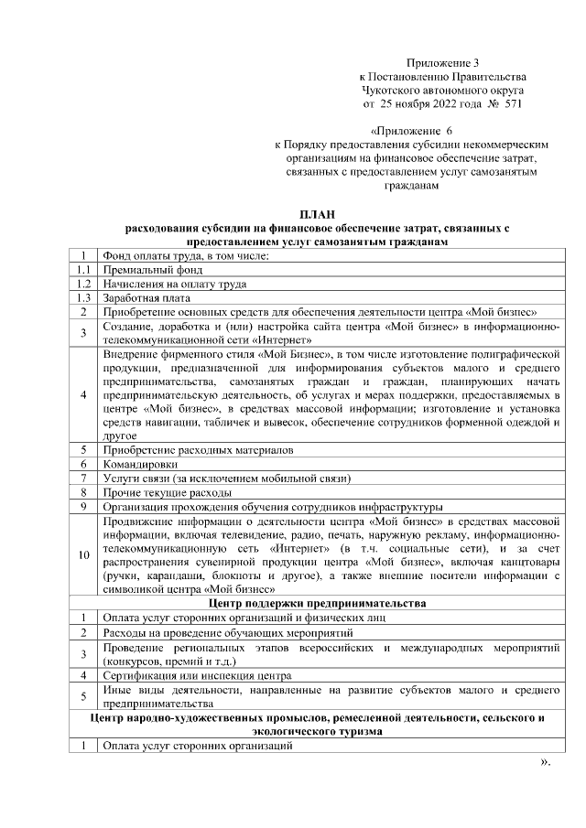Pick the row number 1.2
click(83, 284)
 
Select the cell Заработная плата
click(146, 297)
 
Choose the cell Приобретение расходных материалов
click(198, 450)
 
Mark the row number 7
click(83, 478)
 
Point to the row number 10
click(83, 554)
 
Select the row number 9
click(83, 505)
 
